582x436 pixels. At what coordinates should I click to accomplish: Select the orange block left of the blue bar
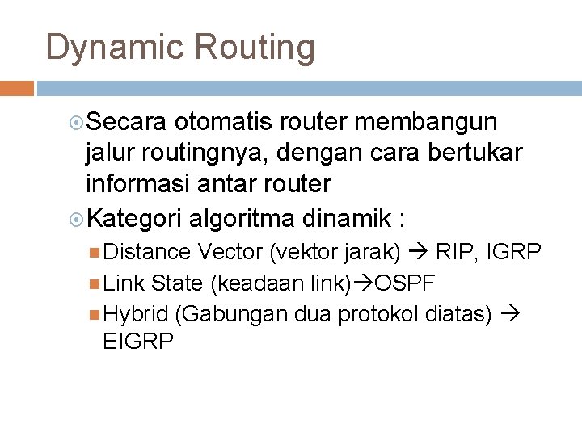[16, 86]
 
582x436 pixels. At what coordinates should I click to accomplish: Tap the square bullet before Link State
[97, 283]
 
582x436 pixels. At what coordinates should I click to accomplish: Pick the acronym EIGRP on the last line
[139, 342]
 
